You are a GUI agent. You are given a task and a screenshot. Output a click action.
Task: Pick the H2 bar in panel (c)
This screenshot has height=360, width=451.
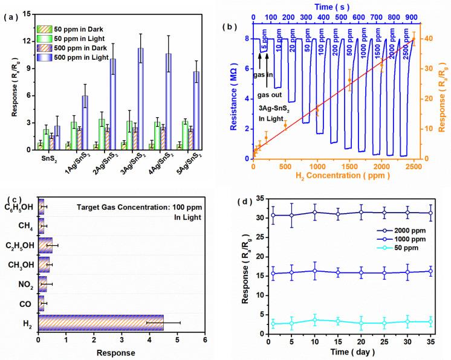100,323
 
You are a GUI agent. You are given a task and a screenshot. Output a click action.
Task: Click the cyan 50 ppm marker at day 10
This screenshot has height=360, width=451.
314,320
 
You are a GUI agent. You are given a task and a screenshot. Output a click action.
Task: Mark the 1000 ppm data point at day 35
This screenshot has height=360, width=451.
430,271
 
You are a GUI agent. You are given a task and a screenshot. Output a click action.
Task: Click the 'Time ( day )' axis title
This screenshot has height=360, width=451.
347,351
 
